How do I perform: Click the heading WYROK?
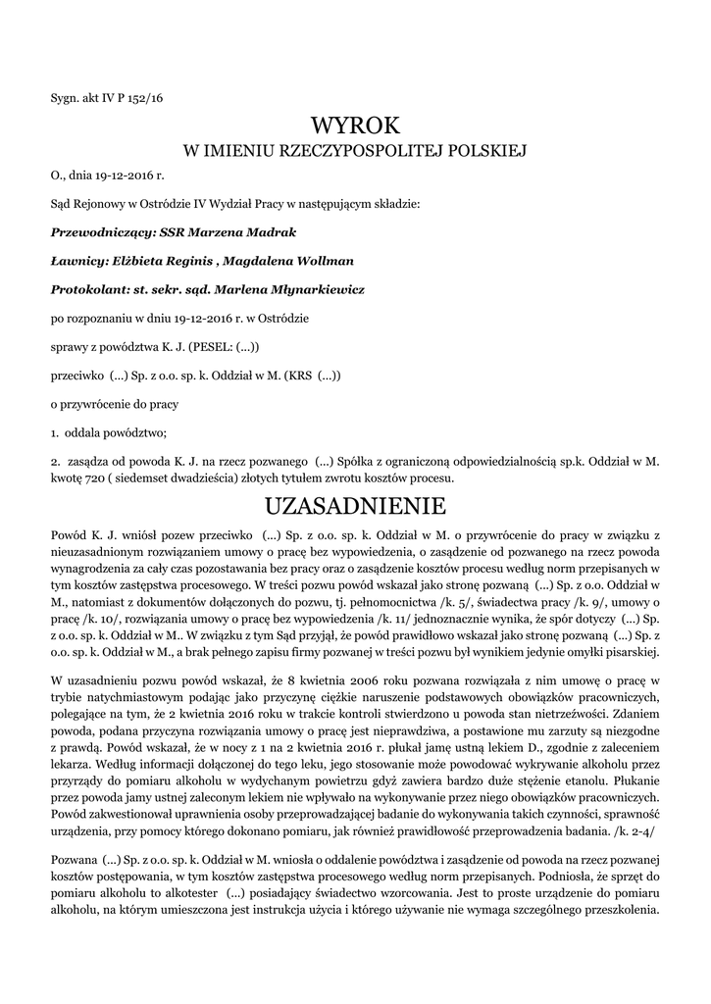pos(355,125)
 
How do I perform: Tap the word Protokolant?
pos(88,289)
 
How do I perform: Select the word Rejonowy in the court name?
pos(98,204)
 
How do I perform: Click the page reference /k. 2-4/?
pos(636,828)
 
